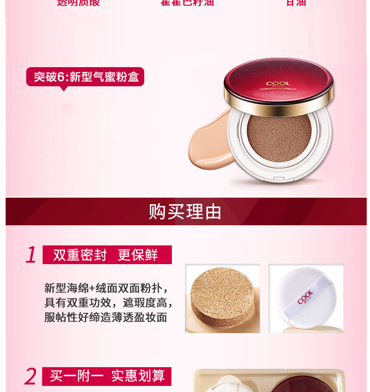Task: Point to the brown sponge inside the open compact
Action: tap(279, 138)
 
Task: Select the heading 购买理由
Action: tap(185, 212)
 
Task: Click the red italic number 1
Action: tap(31, 255)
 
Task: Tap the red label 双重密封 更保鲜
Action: tap(107, 255)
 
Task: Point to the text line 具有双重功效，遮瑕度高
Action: tap(109, 302)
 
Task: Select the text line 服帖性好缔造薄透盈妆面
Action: tap(106, 317)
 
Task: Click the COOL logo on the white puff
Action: tap(305, 297)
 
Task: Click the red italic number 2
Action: tap(30, 376)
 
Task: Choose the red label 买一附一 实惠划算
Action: tap(107, 376)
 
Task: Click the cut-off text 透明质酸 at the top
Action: tap(78, 3)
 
